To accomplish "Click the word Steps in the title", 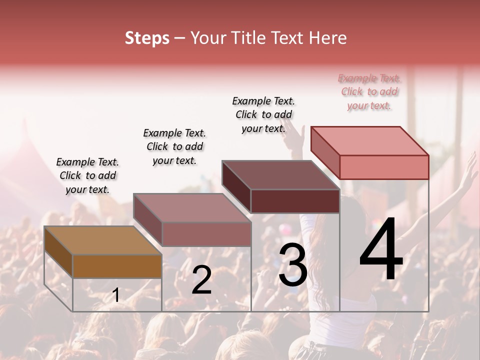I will [x=147, y=38].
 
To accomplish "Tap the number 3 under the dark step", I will [x=293, y=264].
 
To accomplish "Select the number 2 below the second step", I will [x=201, y=280].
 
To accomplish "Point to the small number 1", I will [x=115, y=295].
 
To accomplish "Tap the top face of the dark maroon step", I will [x=280, y=175].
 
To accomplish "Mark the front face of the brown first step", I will [x=117, y=266].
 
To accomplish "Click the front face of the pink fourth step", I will [x=384, y=167].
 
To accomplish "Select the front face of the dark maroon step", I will [x=295, y=201].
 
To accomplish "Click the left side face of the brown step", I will [x=58, y=252].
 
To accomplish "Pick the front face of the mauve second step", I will [x=206, y=234].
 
